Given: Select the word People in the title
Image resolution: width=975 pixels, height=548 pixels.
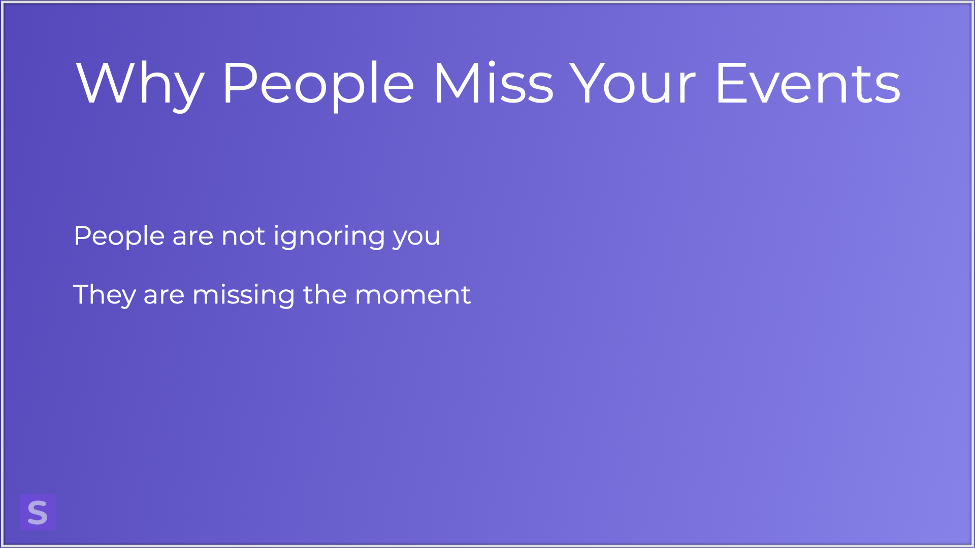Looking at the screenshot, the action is [x=318, y=84].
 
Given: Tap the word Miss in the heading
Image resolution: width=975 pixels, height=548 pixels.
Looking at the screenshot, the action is [x=493, y=83].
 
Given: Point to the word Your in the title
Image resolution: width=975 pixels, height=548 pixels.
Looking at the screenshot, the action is [x=632, y=83].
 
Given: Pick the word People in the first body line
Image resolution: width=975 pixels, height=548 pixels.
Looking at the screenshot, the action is [x=119, y=237].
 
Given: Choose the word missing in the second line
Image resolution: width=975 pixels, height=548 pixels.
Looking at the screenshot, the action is [x=244, y=296].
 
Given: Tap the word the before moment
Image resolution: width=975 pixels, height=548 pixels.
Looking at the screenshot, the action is [x=325, y=295].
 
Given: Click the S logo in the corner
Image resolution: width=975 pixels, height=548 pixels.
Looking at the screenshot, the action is [x=38, y=512].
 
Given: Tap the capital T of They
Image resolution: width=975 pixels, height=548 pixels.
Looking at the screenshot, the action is [x=83, y=294].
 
